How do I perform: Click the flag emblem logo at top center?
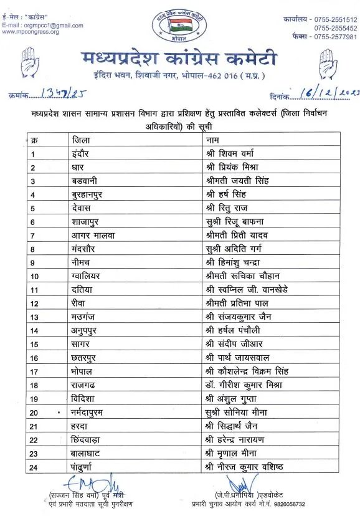tap(179, 24)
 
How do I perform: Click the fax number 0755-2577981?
tap(331, 37)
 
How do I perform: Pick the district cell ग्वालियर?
tap(88, 275)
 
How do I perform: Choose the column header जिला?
tap(82, 140)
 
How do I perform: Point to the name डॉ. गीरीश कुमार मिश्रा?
tap(244, 385)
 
